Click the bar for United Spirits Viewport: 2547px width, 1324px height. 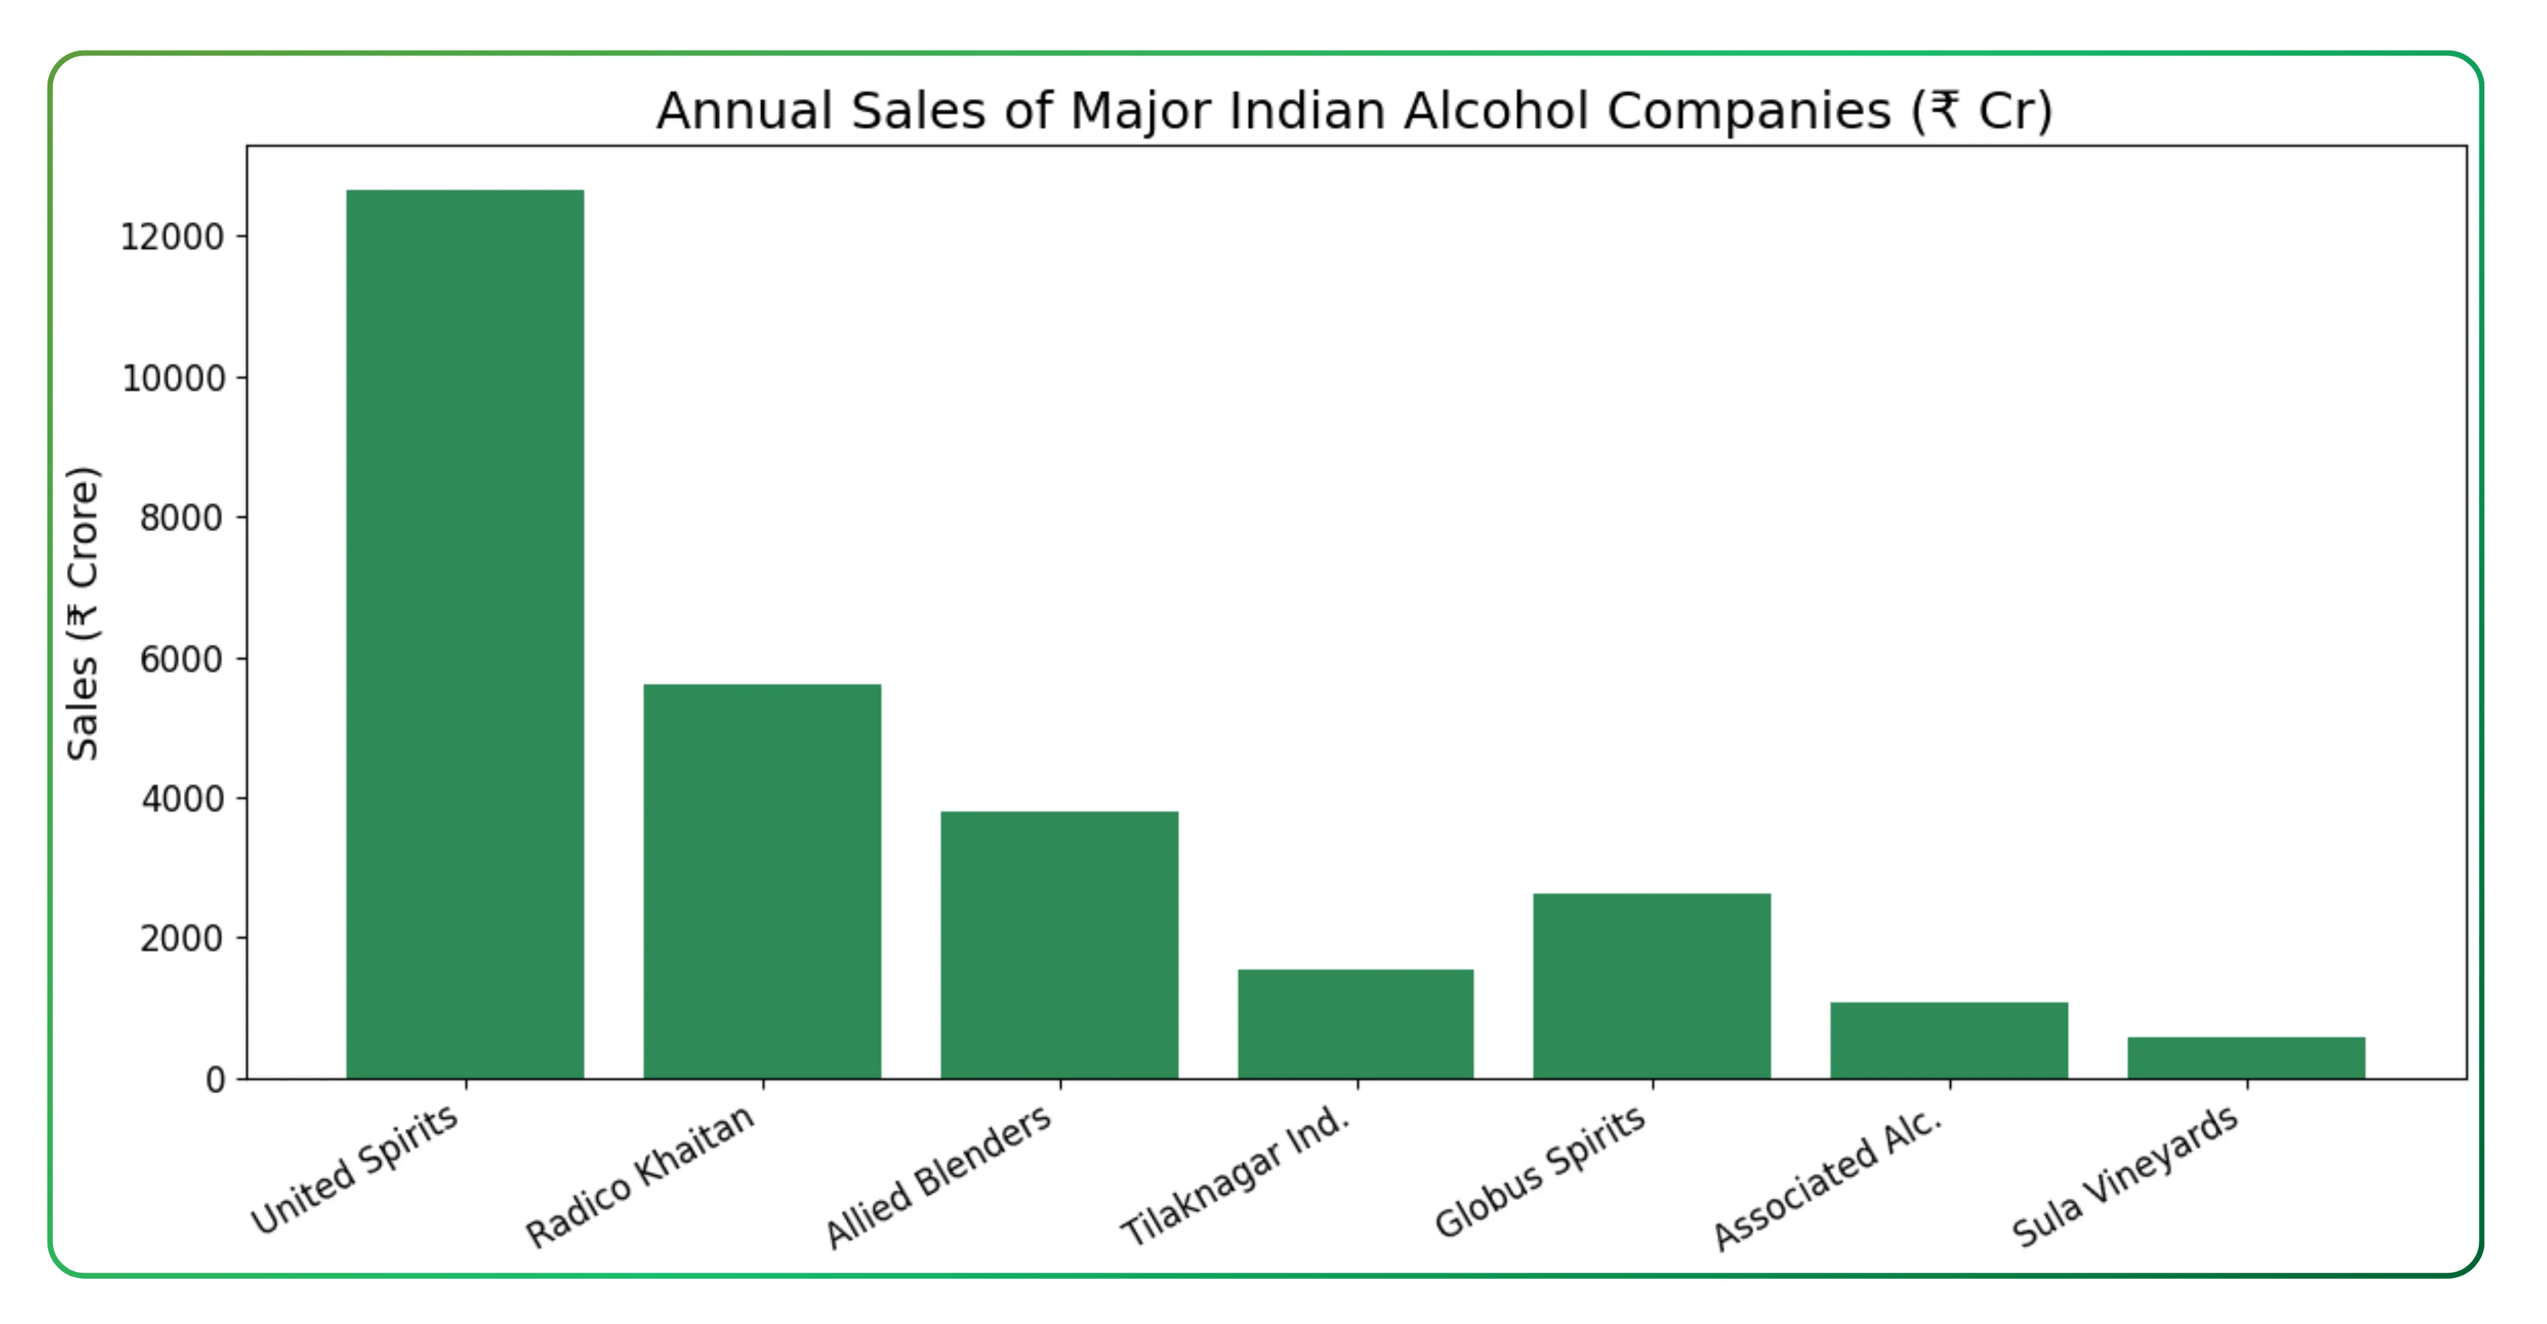[x=465, y=633]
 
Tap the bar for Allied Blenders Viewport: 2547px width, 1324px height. [x=1059, y=945]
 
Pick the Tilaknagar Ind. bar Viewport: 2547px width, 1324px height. [x=1356, y=1023]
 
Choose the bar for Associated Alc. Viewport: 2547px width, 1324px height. [x=1949, y=1040]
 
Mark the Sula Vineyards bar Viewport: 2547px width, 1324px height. [x=2245, y=1057]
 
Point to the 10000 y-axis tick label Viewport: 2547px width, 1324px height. [x=173, y=379]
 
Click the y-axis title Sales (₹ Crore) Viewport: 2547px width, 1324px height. [x=83, y=613]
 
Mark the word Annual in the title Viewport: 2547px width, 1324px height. [x=744, y=111]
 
